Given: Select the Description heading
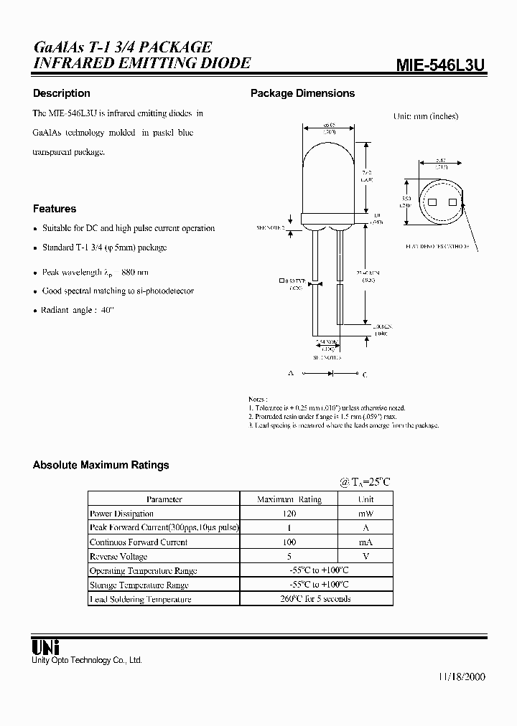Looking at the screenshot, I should click(62, 93).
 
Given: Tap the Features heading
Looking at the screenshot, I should click(55, 209).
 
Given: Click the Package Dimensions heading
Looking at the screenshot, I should click(302, 93).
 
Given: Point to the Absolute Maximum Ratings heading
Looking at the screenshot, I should click(101, 465).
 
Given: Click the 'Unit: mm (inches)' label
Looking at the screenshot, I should click(426, 116).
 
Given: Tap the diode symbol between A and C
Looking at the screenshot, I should click(331, 374).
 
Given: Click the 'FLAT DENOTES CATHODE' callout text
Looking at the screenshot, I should click(437, 246).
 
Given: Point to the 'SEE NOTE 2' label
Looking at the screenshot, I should click(271, 227).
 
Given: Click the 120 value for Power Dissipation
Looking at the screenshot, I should click(289, 514).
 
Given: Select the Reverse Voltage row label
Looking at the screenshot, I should click(118, 557).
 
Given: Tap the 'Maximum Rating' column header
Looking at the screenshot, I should click(289, 499).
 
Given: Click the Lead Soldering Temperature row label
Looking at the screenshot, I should click(140, 599).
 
